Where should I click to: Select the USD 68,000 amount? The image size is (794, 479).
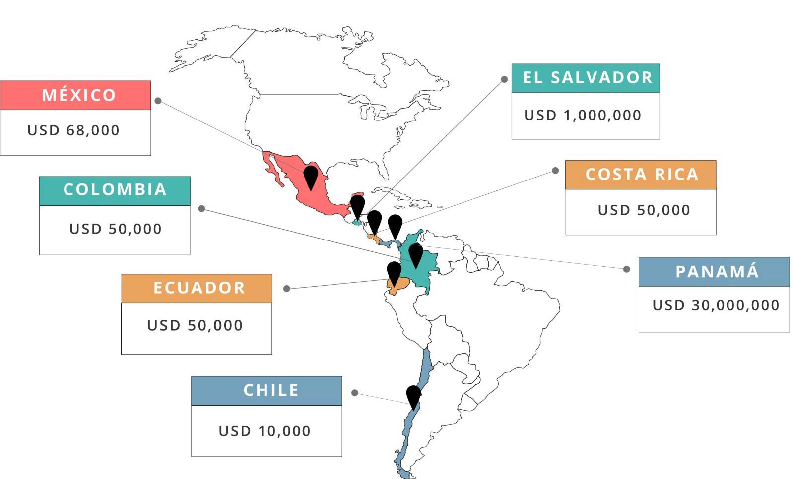point(73,130)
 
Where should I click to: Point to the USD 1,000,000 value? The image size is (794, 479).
point(583,115)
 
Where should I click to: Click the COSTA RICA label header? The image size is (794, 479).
point(641,175)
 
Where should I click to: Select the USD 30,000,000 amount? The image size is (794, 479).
point(716,305)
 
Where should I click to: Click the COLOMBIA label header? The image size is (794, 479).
point(115,190)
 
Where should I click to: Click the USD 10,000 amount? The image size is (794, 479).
point(265,431)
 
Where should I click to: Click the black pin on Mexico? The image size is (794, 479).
point(311,177)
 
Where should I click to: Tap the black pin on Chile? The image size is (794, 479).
point(413,396)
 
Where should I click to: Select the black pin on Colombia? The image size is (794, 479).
point(416,254)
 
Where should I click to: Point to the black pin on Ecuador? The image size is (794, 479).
point(394,272)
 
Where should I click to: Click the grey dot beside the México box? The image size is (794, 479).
point(158,101)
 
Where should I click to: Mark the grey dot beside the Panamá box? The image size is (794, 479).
point(627,269)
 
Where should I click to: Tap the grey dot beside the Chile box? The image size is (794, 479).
point(355,393)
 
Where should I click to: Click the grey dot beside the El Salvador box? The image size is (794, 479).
point(504,79)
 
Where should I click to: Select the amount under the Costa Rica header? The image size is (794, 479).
point(644,210)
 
